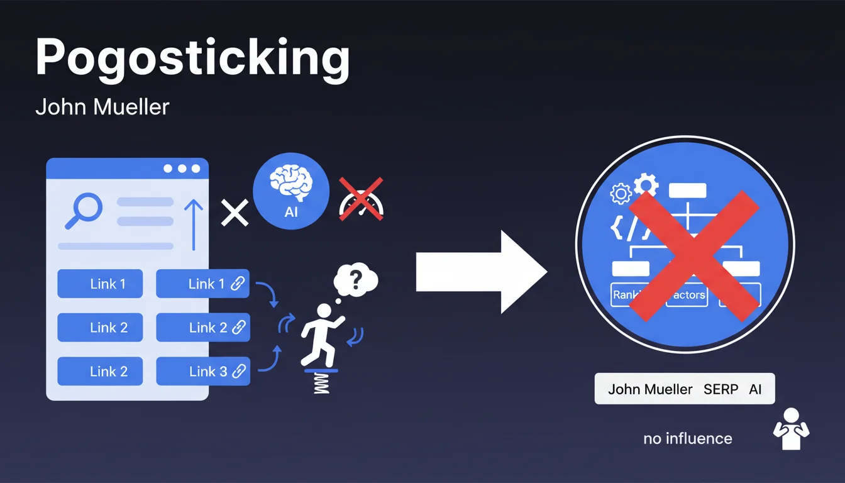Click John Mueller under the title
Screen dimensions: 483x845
pyautogui.click(x=102, y=107)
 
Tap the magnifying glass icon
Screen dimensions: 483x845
pyautogui.click(x=83, y=210)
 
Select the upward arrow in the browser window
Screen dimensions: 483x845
pyautogui.click(x=194, y=224)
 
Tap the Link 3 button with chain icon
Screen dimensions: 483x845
pyautogui.click(x=202, y=371)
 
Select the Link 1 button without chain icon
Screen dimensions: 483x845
pyautogui.click(x=100, y=284)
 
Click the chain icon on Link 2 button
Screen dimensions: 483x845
pyautogui.click(x=238, y=328)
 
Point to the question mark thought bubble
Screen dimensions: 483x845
pyautogui.click(x=356, y=278)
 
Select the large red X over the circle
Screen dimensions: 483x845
pyautogui.click(x=693, y=255)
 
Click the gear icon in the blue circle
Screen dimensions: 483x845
pyautogui.click(x=645, y=186)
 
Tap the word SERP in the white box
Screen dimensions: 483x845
pyautogui.click(x=721, y=389)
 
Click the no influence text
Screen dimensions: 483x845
pyautogui.click(x=687, y=438)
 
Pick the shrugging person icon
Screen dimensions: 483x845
pyautogui.click(x=790, y=429)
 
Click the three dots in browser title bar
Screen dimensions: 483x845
pyautogui.click(x=182, y=169)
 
